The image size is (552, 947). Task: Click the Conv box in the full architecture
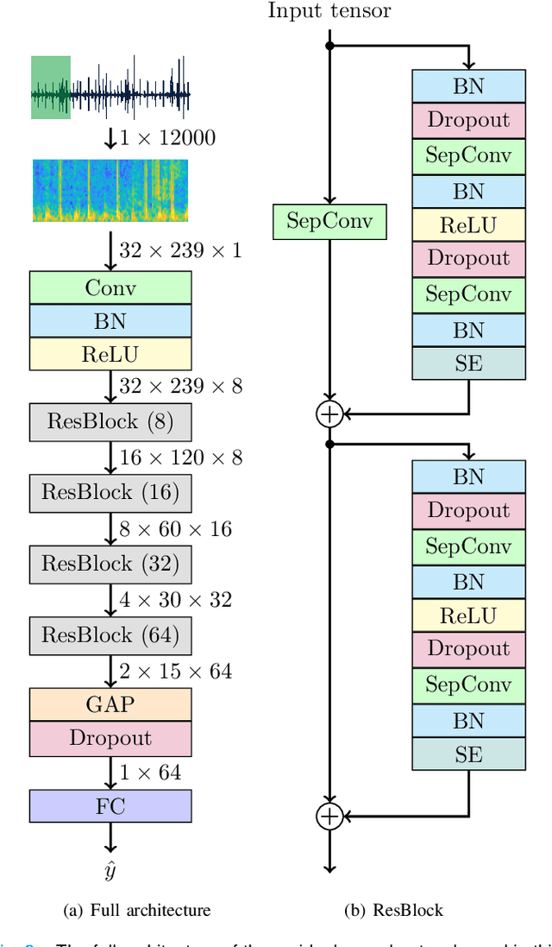(110, 287)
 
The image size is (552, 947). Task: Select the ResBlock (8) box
(110, 422)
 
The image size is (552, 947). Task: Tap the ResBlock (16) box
(110, 493)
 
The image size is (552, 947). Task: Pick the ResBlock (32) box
(110, 564)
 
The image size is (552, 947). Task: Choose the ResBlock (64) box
(110, 635)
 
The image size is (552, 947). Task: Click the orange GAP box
(110, 704)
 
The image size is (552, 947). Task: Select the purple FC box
(110, 806)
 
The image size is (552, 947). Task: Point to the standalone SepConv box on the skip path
(329, 222)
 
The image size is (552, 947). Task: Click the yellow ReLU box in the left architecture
(110, 354)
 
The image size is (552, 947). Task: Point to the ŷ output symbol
(110, 871)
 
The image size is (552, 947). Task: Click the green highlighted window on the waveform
(50, 87)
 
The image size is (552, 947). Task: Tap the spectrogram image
(110, 190)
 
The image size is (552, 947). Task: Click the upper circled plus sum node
(329, 414)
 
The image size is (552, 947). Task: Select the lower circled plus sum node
(329, 816)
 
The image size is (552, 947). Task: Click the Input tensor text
(329, 11)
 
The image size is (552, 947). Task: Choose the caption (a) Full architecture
(137, 910)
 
